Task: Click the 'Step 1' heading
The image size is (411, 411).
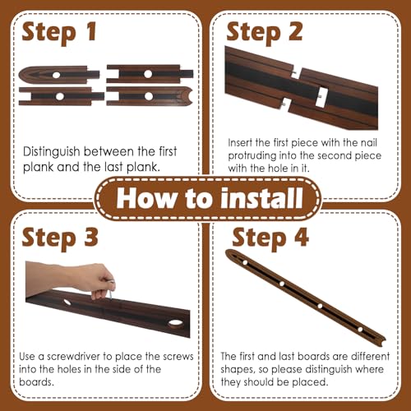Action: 59,33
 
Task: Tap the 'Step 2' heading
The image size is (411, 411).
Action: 265,33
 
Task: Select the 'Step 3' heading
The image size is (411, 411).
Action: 60,238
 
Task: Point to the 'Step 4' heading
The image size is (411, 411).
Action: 270,238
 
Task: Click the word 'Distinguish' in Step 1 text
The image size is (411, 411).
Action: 51,152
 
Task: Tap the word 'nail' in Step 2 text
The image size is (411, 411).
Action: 369,142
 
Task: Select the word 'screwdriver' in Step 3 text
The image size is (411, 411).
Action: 73,356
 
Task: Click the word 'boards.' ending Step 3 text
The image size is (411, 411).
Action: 36,382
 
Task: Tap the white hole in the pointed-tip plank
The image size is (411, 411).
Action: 56,75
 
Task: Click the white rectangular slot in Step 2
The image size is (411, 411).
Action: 321,97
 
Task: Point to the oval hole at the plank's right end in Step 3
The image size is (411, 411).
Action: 176,322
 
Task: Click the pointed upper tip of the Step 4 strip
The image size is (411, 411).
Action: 227,252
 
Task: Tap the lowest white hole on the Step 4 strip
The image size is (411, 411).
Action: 360,330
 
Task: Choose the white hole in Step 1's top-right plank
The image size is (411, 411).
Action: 148,74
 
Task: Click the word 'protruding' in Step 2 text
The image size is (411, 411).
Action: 252,156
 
